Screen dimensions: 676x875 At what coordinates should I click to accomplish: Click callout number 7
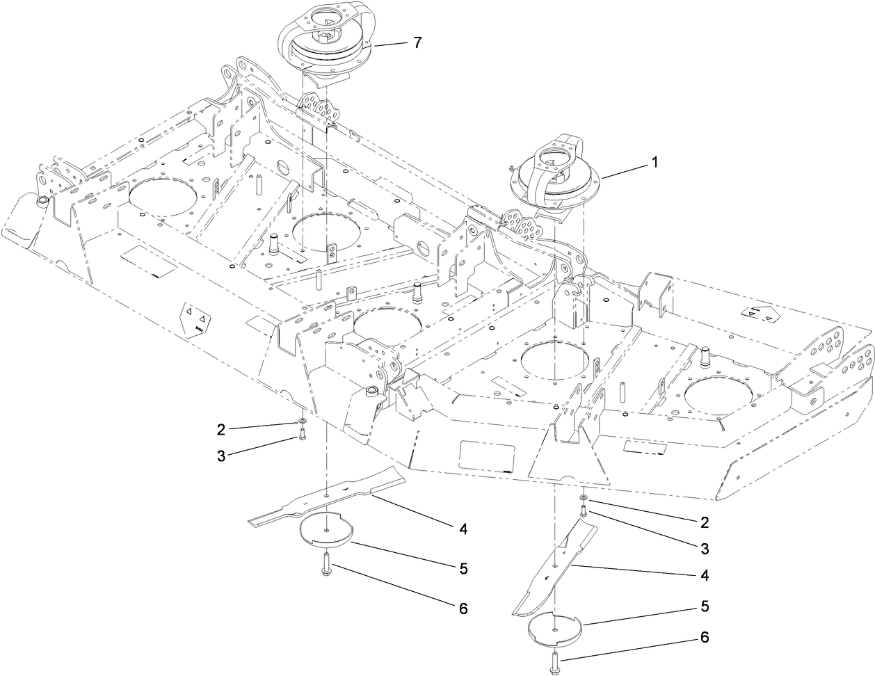coord(417,42)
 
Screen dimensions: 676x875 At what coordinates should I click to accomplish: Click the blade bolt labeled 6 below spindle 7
coord(326,562)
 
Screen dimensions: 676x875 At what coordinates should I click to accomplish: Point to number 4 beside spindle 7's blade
coord(462,529)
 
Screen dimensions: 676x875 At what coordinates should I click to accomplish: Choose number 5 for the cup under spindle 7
coord(462,568)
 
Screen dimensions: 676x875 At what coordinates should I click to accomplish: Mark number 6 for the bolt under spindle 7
coord(462,608)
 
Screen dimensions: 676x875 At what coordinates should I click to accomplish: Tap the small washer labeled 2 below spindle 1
coord(583,499)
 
